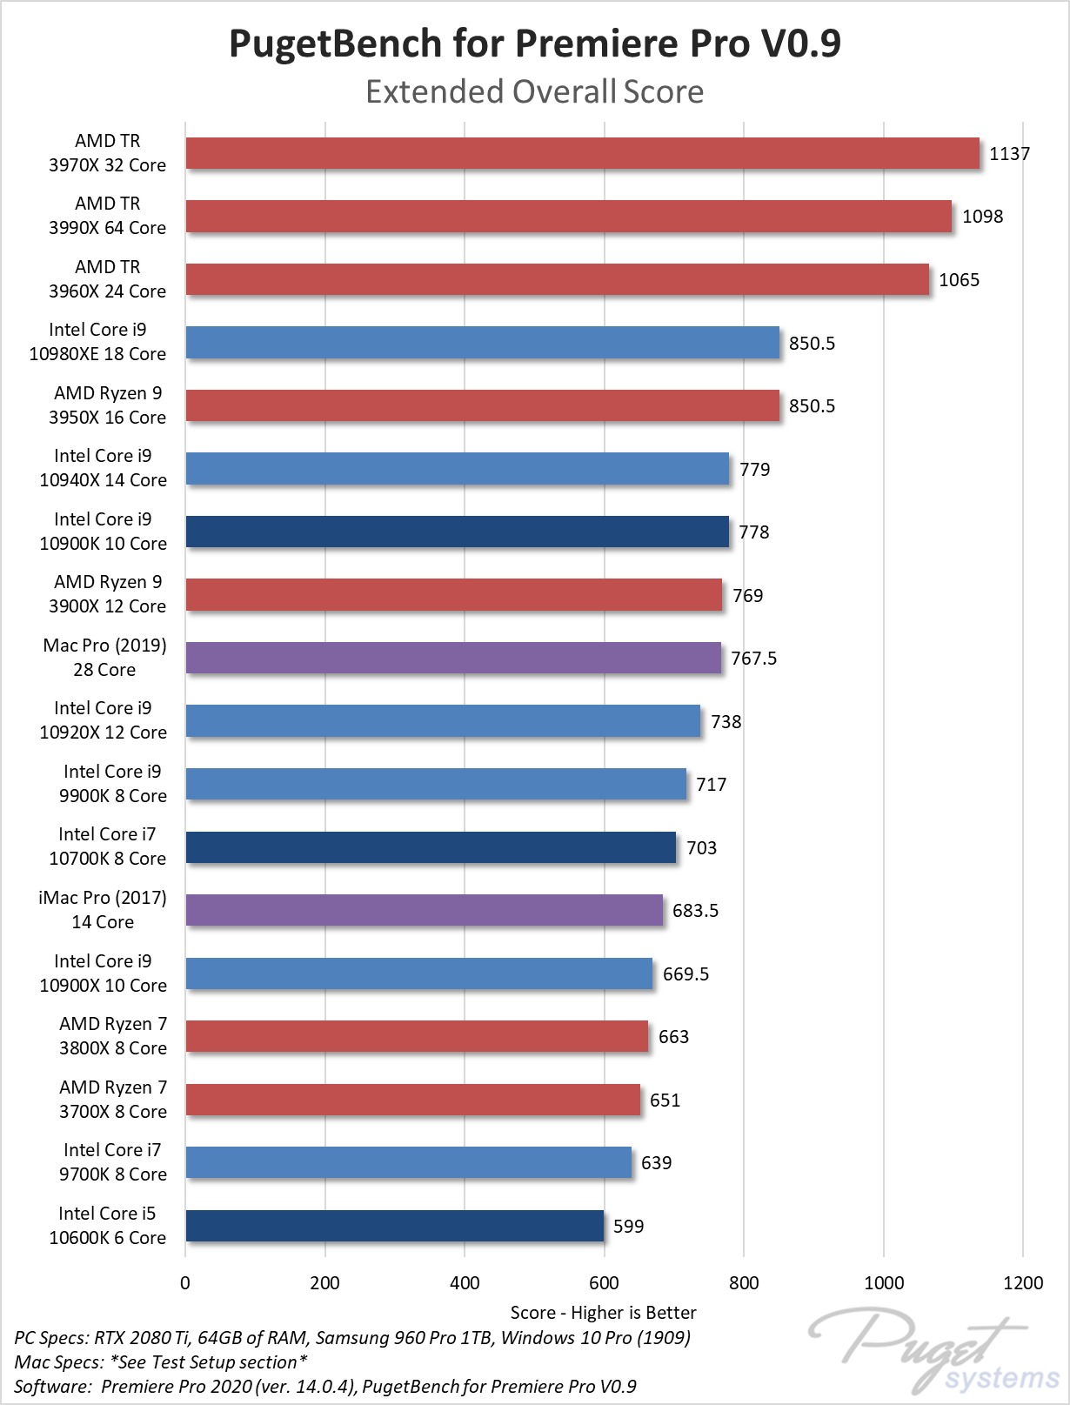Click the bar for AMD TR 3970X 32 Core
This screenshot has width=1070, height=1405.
pos(582,153)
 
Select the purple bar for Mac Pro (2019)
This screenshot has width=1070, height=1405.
pos(453,658)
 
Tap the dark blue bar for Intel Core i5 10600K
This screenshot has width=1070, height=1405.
pos(395,1226)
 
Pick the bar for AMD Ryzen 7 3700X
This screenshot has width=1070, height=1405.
pos(413,1100)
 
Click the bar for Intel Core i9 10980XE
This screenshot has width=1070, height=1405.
pos(483,343)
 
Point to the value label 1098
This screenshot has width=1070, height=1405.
pos(982,217)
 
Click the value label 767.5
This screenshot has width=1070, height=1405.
pos(753,659)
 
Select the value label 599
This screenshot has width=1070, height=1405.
pos(628,1227)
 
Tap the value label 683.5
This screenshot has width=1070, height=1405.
pos(695,911)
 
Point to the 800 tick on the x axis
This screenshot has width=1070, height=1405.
pos(744,1282)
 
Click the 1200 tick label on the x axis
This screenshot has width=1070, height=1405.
pos(1023,1282)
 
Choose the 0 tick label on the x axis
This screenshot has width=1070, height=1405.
pos(185,1282)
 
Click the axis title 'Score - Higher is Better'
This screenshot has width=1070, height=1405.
pos(603,1312)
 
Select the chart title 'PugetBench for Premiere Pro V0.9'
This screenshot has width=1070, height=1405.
pos(535,43)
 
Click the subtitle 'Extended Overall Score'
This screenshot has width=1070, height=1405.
pos(535,91)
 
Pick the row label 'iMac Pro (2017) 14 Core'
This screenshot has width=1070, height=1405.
pos(103,910)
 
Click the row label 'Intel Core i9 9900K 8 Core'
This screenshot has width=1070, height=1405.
pos(112,784)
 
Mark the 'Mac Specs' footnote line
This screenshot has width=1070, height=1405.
pos(161,1362)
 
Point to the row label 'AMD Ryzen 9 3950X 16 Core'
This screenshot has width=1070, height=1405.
pos(107,405)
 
